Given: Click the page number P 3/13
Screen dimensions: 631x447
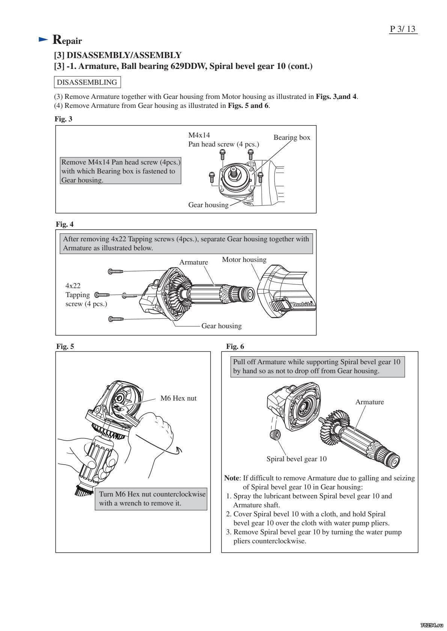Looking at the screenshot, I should click(x=403, y=29).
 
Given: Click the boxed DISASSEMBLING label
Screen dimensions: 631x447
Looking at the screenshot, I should click(x=87, y=82).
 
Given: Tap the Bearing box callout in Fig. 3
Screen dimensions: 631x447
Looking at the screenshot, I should click(x=292, y=138).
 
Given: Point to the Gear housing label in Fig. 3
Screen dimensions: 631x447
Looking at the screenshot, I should click(x=208, y=205).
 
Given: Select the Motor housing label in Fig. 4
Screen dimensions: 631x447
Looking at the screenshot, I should click(x=244, y=260).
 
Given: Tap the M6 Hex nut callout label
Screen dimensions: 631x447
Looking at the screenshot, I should click(x=178, y=398).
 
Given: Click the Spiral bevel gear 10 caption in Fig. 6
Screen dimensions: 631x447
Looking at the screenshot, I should click(x=296, y=459).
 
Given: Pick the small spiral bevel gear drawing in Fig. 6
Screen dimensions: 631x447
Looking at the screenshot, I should click(x=275, y=436).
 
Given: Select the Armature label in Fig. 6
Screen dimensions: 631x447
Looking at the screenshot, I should click(x=369, y=402).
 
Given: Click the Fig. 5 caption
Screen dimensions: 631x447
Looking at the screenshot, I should click(x=65, y=346).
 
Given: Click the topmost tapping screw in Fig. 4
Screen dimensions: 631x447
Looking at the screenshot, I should click(x=116, y=271).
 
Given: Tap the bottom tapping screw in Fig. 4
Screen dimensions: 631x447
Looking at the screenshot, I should click(x=116, y=319).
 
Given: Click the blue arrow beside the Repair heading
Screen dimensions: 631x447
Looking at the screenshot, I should click(x=44, y=39).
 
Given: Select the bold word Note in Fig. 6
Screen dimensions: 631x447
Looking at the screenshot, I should click(x=231, y=478).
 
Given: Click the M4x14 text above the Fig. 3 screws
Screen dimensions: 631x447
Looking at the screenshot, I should click(x=199, y=135).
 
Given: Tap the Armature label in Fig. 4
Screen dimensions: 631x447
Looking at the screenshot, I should click(x=193, y=262).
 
